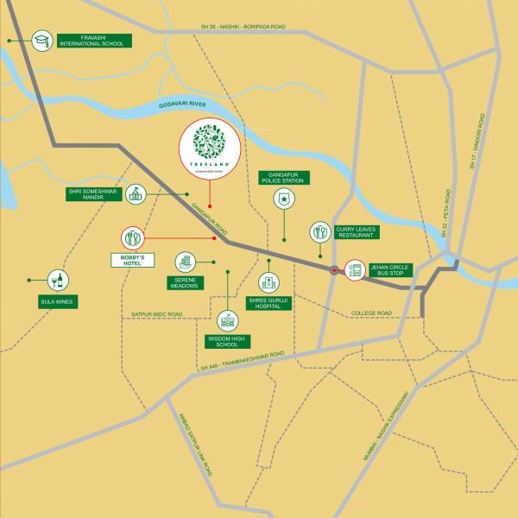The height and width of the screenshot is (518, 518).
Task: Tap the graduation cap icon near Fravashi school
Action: [x=41, y=40]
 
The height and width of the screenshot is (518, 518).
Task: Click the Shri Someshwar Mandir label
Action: [x=92, y=194]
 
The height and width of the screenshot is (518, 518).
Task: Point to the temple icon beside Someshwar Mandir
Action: [x=136, y=193]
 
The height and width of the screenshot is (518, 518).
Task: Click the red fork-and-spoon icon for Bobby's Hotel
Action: [x=132, y=237]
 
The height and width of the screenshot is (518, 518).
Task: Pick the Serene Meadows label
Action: [x=185, y=282]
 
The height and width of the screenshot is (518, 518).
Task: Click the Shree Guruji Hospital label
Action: [x=268, y=303]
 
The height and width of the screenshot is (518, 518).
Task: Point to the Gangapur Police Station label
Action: [x=283, y=178]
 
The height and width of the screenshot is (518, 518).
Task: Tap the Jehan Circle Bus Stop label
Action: [x=391, y=270]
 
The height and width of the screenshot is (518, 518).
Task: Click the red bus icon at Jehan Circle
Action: [x=355, y=270]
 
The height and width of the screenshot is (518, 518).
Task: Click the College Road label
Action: [x=371, y=313]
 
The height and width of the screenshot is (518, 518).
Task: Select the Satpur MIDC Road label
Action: [x=157, y=314]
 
